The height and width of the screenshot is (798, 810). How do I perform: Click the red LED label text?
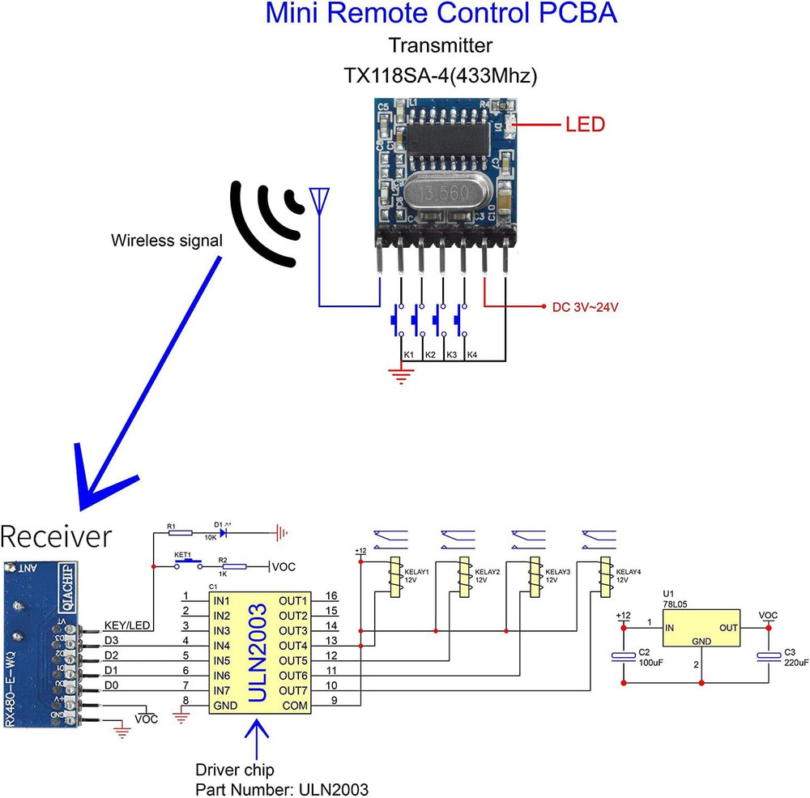[585, 125]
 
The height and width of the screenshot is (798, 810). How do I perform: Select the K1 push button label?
[409, 356]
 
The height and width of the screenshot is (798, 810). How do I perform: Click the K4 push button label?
[471, 356]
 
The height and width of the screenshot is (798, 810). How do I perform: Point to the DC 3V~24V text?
[586, 308]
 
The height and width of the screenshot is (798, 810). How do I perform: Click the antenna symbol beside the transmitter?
[320, 199]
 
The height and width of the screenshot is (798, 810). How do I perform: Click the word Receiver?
[55, 536]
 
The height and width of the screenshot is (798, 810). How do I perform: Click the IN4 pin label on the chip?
[224, 646]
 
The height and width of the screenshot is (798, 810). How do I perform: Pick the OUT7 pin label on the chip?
[293, 690]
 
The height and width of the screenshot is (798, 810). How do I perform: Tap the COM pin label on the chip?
[295, 706]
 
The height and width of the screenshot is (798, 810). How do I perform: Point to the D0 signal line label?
[112, 686]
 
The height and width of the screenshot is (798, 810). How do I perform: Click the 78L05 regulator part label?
[675, 604]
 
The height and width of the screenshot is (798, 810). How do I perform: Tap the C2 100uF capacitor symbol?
[623, 656]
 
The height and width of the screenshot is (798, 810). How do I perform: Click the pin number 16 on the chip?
[330, 596]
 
